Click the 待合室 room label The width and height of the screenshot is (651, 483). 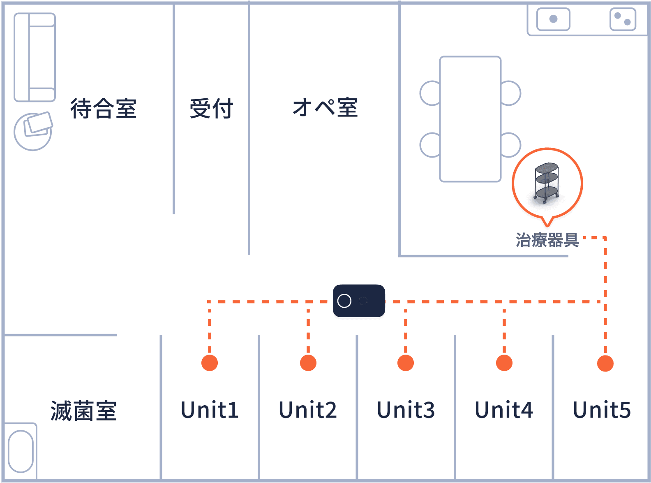[103, 109]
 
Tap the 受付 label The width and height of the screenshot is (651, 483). [211, 109]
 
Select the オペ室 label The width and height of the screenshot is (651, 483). [325, 108]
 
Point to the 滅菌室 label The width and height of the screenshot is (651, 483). [83, 411]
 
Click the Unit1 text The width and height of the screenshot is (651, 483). [210, 410]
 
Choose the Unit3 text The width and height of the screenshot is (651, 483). [406, 410]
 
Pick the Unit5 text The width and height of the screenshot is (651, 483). [602, 410]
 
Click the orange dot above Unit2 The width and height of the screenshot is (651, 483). [308, 363]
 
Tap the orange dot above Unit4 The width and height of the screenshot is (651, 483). [504, 363]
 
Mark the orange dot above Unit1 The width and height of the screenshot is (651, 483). [210, 363]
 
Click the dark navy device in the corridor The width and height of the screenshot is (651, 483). [359, 301]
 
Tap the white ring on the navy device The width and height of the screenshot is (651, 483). [344, 301]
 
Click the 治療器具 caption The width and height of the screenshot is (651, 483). [547, 240]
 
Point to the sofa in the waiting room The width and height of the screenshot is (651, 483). [35, 57]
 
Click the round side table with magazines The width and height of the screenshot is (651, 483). [33, 132]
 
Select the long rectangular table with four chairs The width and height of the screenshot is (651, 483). [470, 119]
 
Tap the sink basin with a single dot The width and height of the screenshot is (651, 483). [553, 19]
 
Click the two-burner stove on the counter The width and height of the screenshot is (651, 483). [623, 19]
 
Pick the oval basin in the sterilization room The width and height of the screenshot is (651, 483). [21, 451]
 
